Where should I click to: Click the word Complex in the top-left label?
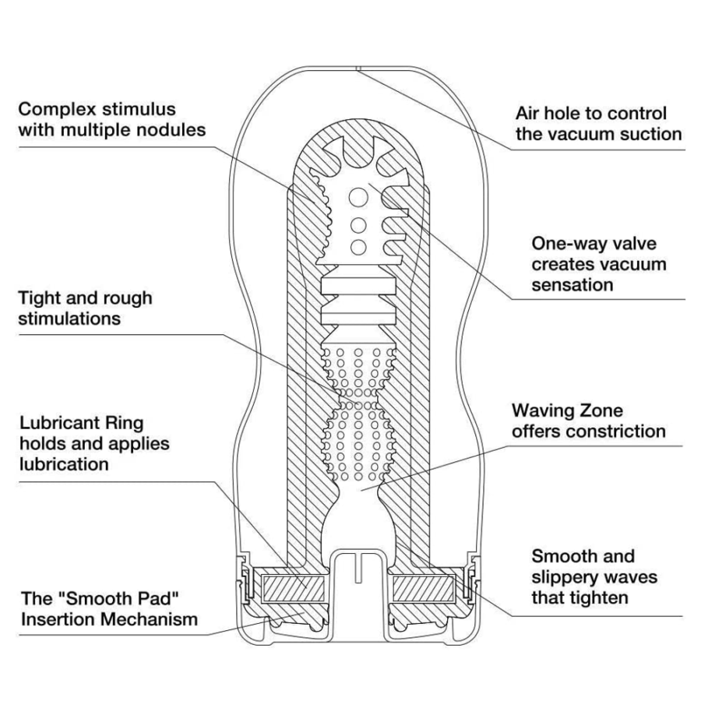(x=51, y=109)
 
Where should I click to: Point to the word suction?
(x=647, y=134)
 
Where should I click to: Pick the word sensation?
(x=572, y=284)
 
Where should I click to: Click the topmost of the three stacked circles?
(x=358, y=196)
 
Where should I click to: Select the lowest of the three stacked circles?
(x=358, y=247)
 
